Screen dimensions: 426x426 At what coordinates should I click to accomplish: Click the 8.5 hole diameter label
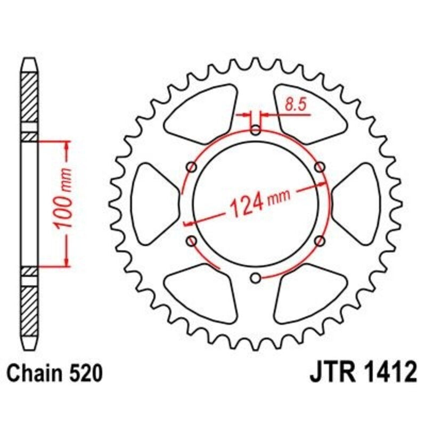click(294, 104)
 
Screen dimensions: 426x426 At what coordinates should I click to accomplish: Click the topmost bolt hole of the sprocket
click(256, 130)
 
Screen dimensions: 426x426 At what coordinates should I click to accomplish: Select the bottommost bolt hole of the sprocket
click(256, 277)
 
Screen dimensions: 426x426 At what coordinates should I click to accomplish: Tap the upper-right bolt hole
click(319, 167)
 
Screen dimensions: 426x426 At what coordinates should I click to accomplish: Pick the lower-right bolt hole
click(319, 241)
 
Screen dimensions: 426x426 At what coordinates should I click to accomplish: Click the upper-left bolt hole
click(192, 167)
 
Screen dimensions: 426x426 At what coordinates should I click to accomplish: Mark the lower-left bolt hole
click(192, 241)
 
